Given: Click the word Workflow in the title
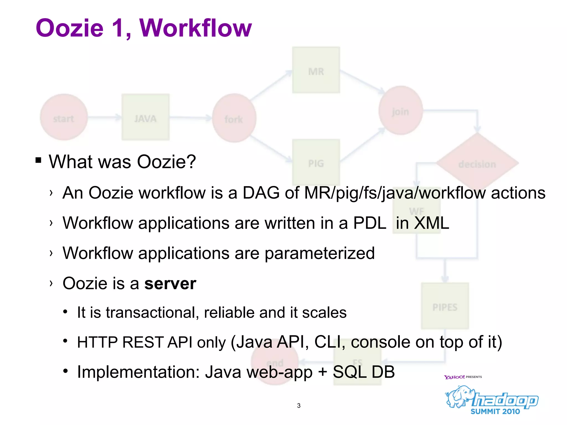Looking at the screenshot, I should (195, 28).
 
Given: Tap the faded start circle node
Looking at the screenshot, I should (64, 117).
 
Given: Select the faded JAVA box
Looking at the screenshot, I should (145, 117).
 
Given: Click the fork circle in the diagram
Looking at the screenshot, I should (234, 118).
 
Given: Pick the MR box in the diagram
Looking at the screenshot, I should (316, 70).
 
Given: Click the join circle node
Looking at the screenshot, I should (400, 111).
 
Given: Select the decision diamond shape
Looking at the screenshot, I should (477, 163).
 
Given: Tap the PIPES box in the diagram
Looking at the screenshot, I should (445, 306).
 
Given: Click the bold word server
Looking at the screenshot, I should (170, 284).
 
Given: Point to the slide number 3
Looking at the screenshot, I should (299, 406).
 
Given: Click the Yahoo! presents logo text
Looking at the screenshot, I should (463, 377).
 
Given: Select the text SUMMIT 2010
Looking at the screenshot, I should (495, 411).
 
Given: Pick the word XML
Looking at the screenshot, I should (431, 223).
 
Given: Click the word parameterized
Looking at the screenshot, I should (319, 253).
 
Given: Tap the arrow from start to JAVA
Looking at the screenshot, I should (105, 117).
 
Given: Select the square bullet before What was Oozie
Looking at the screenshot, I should (38, 160).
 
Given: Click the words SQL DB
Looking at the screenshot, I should (364, 372).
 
